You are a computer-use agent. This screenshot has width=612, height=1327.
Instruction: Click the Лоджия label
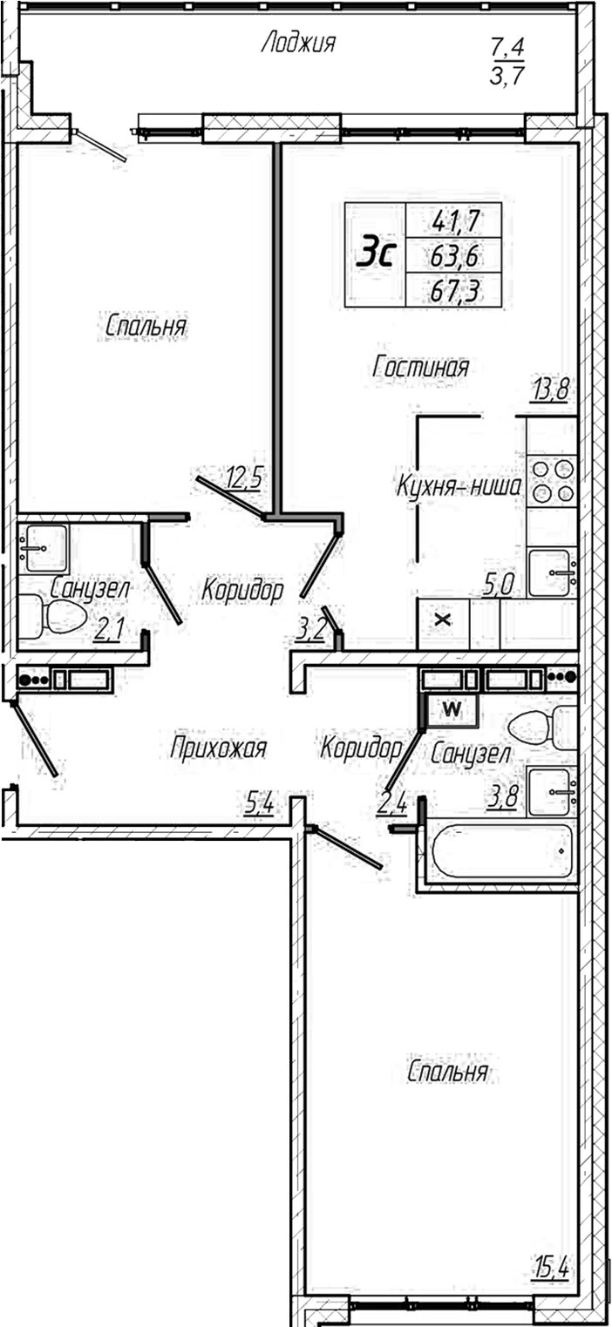[x=298, y=44]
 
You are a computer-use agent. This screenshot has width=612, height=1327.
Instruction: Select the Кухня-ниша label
[x=459, y=488]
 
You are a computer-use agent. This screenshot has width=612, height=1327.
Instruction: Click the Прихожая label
[x=218, y=748]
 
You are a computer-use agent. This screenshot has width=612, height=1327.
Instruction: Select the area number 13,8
[x=550, y=389]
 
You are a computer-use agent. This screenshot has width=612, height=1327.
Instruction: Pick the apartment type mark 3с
[x=376, y=255]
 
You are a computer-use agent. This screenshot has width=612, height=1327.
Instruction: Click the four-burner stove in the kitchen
[x=552, y=481]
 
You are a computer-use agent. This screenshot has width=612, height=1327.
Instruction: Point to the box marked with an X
[x=444, y=620]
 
